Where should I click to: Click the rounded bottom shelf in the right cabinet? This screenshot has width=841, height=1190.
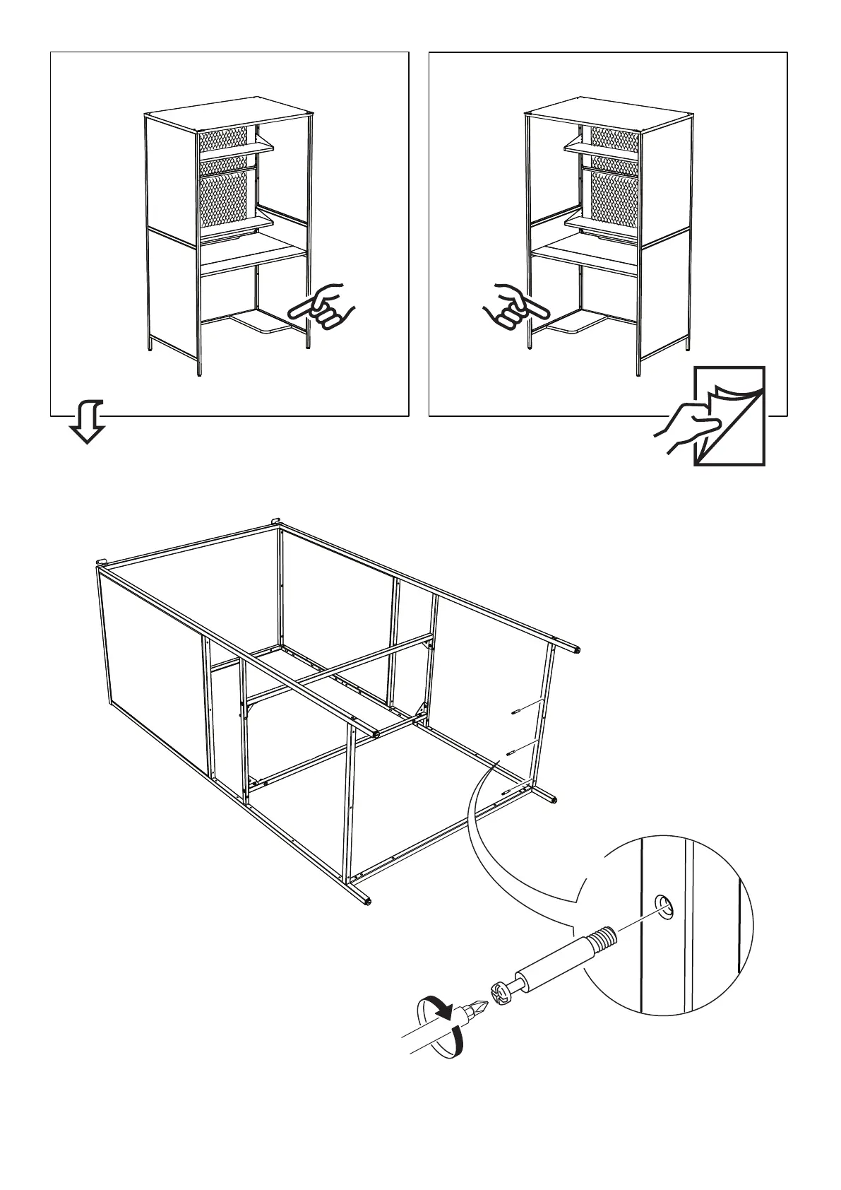point(574,324)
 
